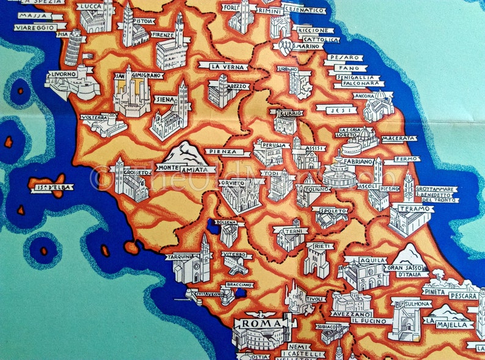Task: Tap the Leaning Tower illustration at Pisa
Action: point(74,48)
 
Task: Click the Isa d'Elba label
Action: point(52,188)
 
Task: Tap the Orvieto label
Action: point(232,183)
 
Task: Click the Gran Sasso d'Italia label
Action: point(407,271)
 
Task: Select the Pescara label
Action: point(463,296)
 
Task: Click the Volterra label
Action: point(95,117)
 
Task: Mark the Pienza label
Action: point(219,152)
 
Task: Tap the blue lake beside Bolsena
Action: point(214,227)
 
